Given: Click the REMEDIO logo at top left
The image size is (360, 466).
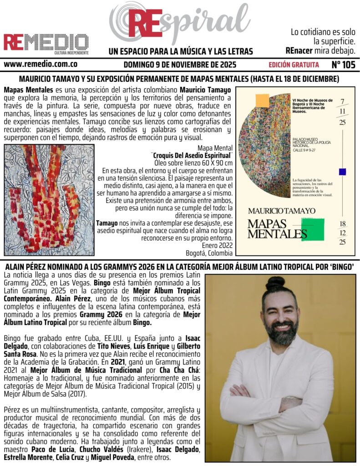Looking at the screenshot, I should click(x=46, y=42).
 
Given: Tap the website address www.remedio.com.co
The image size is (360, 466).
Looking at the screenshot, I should click(x=40, y=65).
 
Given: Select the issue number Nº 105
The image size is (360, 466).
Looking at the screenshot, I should click(x=343, y=65).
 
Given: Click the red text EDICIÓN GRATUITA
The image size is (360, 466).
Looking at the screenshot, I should click(x=294, y=65).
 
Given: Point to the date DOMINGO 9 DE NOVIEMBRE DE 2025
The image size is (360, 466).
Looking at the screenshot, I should click(x=180, y=65).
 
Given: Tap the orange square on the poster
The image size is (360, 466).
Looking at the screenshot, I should click(x=262, y=100).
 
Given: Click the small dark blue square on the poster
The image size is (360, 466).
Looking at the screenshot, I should click(x=342, y=172).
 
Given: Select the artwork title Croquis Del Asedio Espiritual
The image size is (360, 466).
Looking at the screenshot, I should click(x=192, y=155).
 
